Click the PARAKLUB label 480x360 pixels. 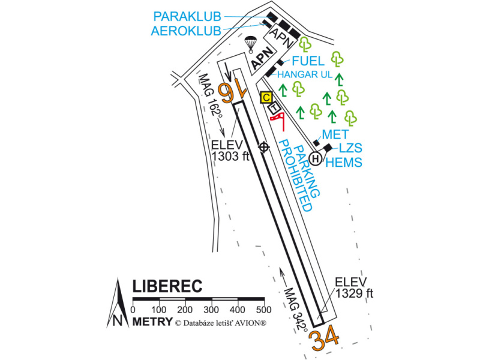pyautogui.click(x=187, y=16)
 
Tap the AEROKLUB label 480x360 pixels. pyautogui.click(x=187, y=31)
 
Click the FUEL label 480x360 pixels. pyautogui.click(x=308, y=61)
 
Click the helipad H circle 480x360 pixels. pyautogui.click(x=316, y=159)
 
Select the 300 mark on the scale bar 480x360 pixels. pyautogui.click(x=211, y=309)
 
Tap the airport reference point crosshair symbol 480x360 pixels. pyautogui.click(x=263, y=146)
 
